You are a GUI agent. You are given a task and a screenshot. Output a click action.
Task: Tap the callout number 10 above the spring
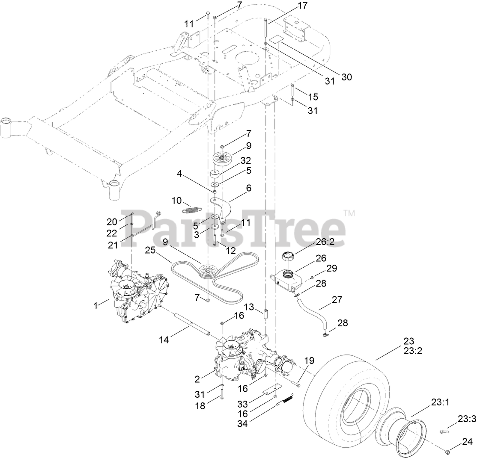click(177, 201)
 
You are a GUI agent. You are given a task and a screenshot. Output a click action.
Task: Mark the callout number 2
click(198, 379)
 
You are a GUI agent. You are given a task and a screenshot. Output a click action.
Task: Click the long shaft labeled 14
click(191, 324)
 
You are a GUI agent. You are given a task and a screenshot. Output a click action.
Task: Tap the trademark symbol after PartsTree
click(349, 213)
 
